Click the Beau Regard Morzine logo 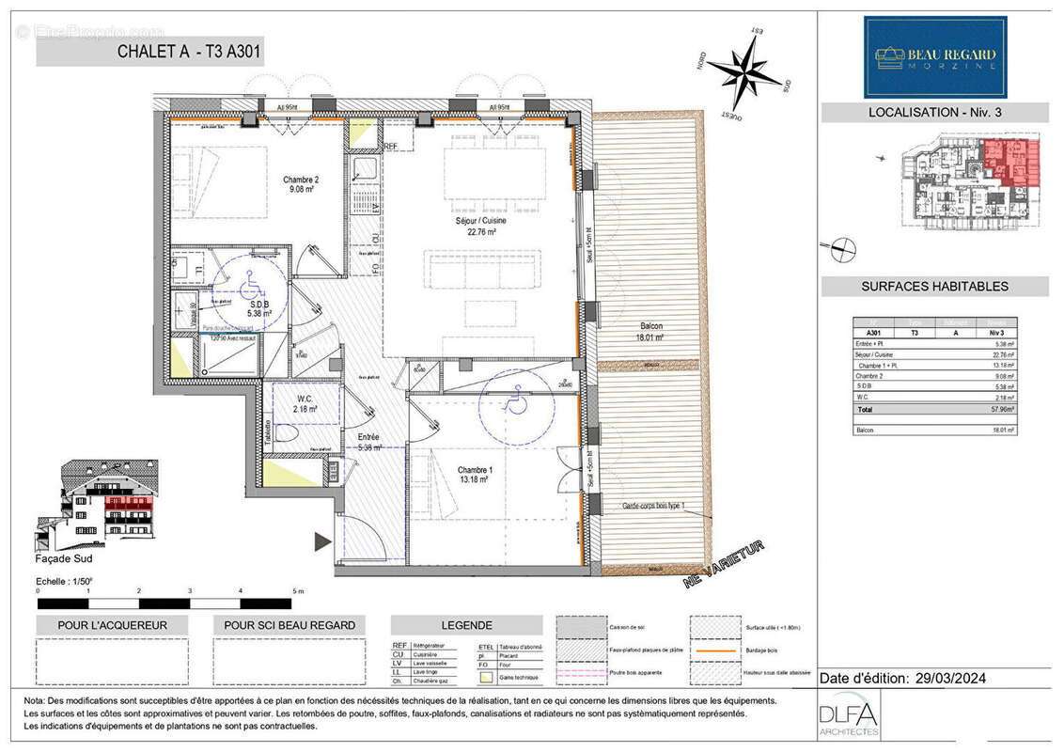(x=935, y=56)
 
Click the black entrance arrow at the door (x=322, y=541)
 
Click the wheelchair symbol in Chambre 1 (x=515, y=402)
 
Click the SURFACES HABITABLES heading (x=934, y=287)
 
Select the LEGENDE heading (x=466, y=625)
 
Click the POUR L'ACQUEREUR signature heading (x=112, y=625)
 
